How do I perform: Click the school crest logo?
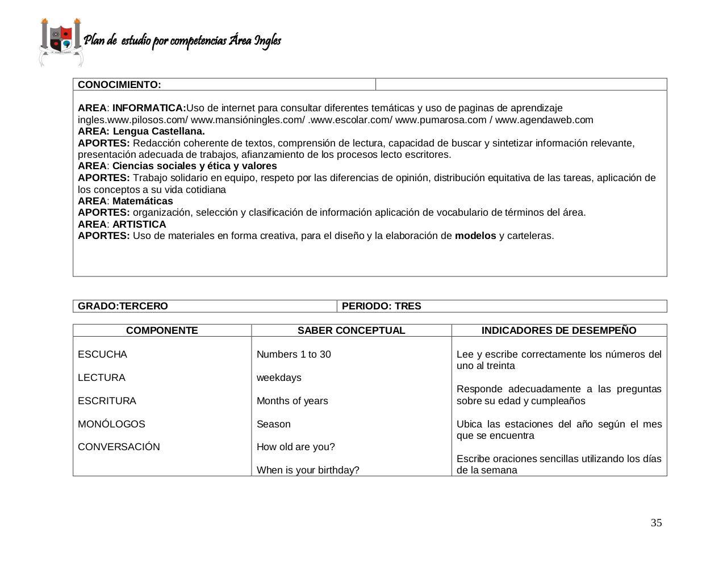pyautogui.click(x=61, y=41)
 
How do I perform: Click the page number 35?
pyautogui.click(x=656, y=523)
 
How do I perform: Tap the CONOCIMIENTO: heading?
pyautogui.click(x=119, y=85)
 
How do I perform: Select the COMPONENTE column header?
pyautogui.click(x=162, y=330)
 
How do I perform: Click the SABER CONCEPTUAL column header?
pyautogui.click(x=351, y=330)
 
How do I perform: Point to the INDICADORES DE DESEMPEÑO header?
pyautogui.click(x=559, y=330)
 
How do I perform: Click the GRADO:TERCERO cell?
pyautogui.click(x=123, y=306)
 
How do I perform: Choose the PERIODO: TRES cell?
pyautogui.click(x=382, y=306)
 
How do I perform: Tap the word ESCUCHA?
pyautogui.click(x=102, y=354)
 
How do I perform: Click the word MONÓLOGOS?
pyautogui.click(x=111, y=424)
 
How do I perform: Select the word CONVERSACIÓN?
pyautogui.click(x=119, y=447)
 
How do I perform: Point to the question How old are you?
pyautogui.click(x=295, y=447)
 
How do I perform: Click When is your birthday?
pyautogui.click(x=308, y=470)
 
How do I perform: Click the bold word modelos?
pyautogui.click(x=475, y=236)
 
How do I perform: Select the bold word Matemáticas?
pyautogui.click(x=143, y=201)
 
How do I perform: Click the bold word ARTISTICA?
pyautogui.click(x=139, y=224)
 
